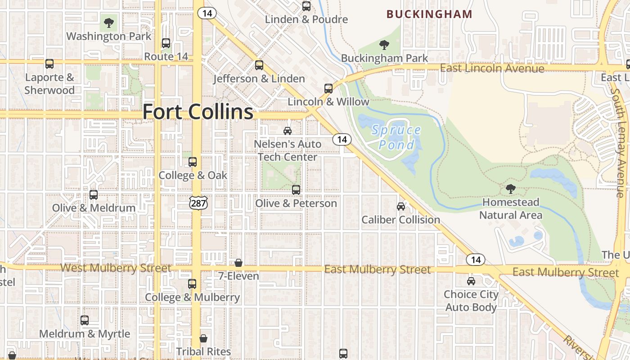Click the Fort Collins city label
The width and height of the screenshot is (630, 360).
198,112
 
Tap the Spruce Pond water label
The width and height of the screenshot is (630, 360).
396,138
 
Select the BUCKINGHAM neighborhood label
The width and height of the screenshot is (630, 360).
429,14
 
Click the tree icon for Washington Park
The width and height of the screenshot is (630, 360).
108,22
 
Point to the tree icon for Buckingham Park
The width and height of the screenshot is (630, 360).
384,45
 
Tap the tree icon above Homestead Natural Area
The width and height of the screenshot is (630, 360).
510,189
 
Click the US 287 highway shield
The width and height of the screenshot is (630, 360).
198,203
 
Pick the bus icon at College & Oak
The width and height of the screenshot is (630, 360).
193,162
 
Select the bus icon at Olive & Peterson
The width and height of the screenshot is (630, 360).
296,190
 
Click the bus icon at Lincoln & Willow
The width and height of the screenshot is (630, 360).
328,89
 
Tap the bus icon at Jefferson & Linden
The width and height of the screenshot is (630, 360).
259,65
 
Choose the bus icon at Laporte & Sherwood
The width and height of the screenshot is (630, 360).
49,64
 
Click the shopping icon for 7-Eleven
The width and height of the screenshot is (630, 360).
238,263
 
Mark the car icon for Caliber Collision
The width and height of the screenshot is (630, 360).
400,207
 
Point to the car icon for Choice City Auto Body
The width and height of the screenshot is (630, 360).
471,281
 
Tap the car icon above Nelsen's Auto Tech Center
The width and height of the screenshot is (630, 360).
287,131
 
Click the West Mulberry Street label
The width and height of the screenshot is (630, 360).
116,268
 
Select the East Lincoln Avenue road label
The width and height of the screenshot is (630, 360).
492,68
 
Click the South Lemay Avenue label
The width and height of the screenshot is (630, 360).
617,142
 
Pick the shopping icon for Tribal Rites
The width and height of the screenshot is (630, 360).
203,338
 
